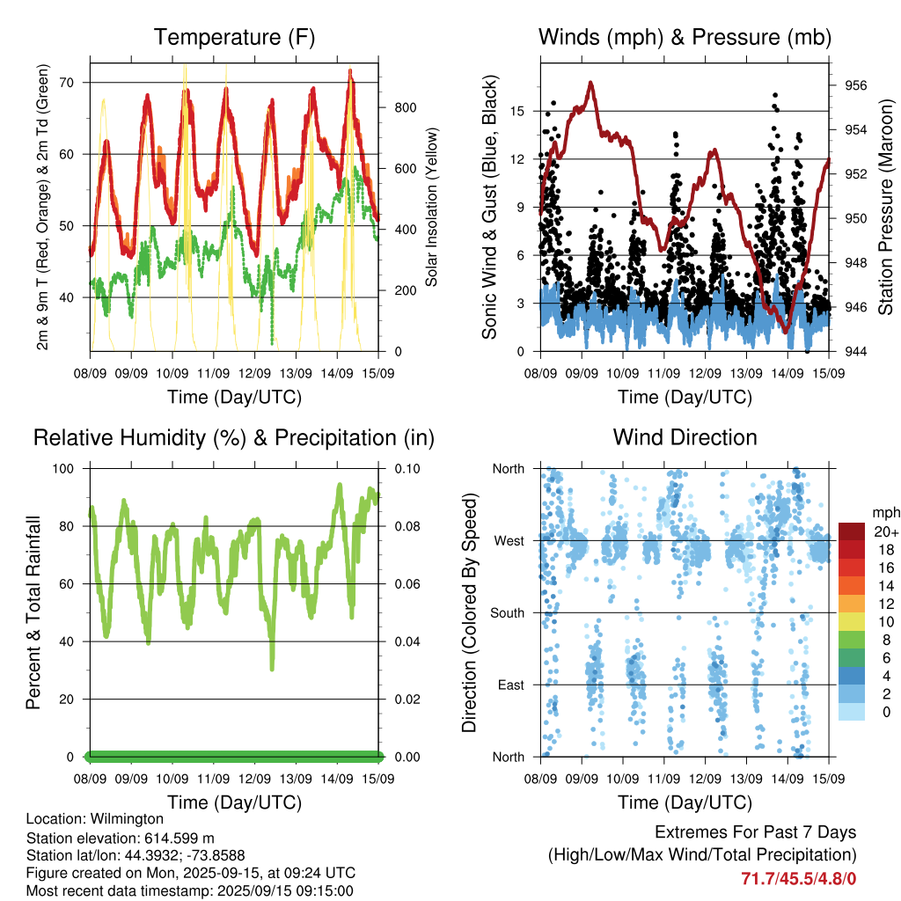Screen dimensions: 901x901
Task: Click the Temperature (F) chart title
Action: coord(234,37)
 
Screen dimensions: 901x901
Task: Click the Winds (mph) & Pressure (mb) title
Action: coord(685,37)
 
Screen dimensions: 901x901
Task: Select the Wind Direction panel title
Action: coord(685,437)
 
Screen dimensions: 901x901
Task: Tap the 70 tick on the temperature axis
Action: coord(67,82)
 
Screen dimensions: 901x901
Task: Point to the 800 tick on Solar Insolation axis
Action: coord(405,107)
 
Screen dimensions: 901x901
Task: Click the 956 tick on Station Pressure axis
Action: coord(855,85)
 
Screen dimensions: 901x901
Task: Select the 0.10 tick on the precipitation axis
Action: coord(407,469)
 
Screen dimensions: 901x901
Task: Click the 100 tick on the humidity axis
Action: coord(63,469)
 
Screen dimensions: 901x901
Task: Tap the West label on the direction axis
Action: coord(509,541)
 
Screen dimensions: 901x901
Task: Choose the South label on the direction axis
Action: coord(508,613)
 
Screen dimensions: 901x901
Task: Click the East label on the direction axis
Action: coord(511,685)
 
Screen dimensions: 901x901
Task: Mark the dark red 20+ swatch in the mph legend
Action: coord(852,531)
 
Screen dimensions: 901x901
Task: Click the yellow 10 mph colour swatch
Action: coord(852,622)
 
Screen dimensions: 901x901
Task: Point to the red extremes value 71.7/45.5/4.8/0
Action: coord(799,879)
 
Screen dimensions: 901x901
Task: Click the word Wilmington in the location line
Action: coord(127,819)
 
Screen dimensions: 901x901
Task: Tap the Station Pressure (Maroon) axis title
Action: coord(885,207)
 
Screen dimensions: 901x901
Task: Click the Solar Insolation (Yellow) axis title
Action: coord(431,207)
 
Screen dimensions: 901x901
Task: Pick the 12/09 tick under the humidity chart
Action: coord(254,779)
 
